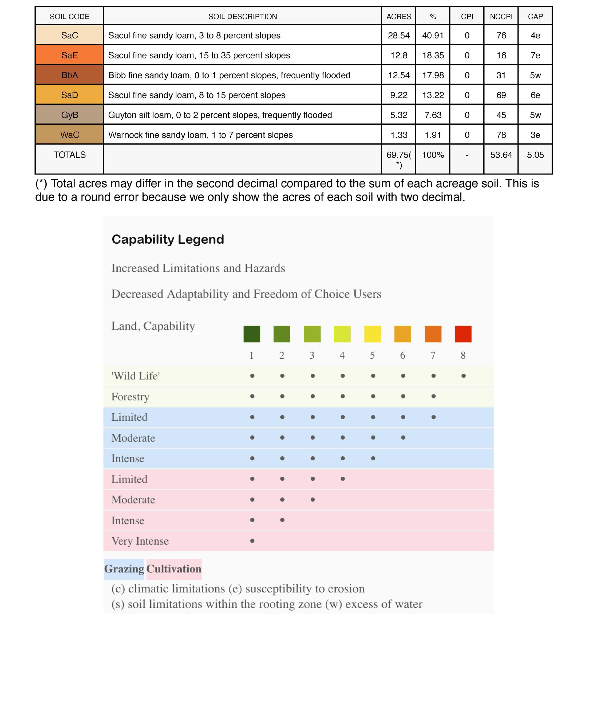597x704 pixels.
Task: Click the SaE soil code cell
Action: [x=69, y=55]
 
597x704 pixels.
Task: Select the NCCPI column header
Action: [x=501, y=17]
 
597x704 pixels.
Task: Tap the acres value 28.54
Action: [x=399, y=35]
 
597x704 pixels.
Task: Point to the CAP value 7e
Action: [x=535, y=55]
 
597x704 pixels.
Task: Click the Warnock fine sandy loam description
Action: [x=200, y=135]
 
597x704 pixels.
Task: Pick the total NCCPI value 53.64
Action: [x=501, y=155]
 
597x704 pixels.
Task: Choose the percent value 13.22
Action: [x=433, y=95]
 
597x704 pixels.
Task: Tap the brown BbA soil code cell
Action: [x=69, y=75]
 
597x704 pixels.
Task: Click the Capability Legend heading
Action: [x=168, y=240]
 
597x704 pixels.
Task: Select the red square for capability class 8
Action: [x=463, y=334]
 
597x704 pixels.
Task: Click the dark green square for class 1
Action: [x=252, y=334]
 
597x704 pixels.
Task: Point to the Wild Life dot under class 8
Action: [x=463, y=376]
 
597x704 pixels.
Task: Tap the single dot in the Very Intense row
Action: [x=252, y=541]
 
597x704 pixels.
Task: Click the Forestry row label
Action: [x=130, y=397]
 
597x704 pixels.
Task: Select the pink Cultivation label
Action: [x=174, y=569]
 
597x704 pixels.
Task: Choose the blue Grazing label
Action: [x=124, y=569]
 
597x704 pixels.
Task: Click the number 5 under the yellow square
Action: [x=372, y=355]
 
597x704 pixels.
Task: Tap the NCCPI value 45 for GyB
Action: [x=501, y=115]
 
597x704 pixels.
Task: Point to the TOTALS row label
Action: [x=69, y=155]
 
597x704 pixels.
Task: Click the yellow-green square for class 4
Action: [x=342, y=334]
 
